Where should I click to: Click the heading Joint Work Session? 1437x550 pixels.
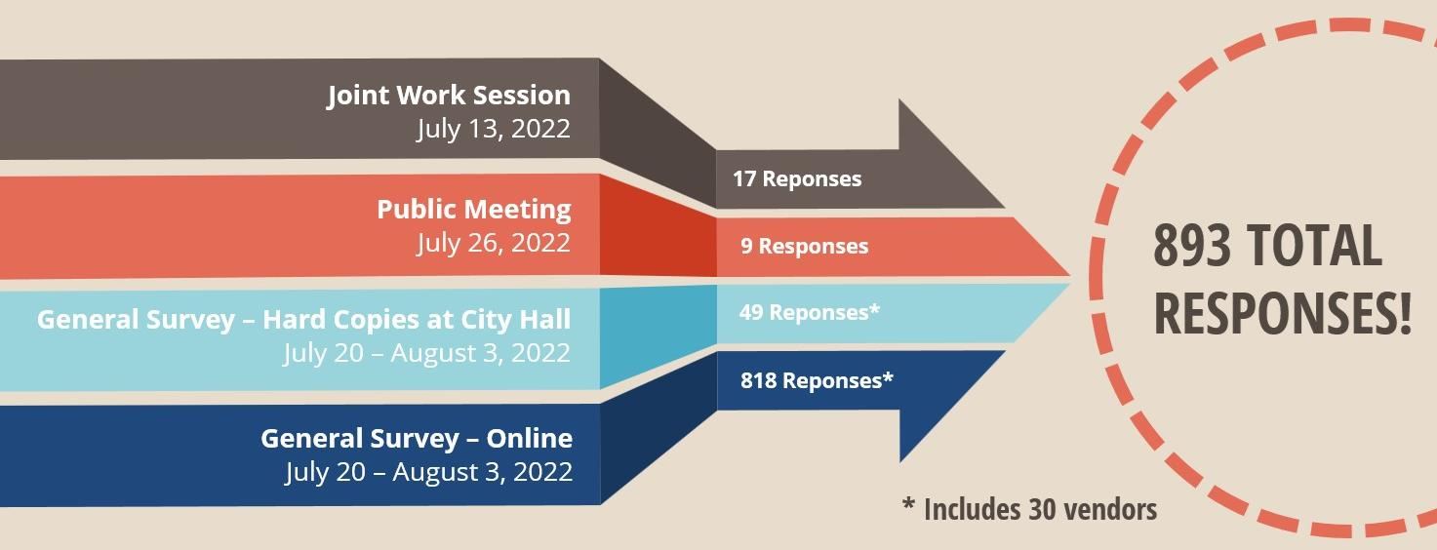tap(449, 96)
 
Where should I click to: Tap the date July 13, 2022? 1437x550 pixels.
tap(494, 129)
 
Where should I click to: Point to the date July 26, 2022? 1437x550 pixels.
tap(494, 243)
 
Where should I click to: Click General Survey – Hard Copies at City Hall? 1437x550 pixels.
tap(303, 320)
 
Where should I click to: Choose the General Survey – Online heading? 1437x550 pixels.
tap(417, 439)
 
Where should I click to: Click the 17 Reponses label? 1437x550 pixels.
tap(797, 178)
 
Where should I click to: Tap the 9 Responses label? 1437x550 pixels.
tap(805, 246)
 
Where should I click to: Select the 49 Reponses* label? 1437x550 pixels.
tap(810, 312)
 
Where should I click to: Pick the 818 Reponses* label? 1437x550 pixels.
tap(817, 380)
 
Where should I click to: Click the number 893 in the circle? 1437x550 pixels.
tap(1192, 245)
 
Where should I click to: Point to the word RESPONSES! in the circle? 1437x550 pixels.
tap(1283, 313)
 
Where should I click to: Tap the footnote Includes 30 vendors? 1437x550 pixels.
tap(1040, 510)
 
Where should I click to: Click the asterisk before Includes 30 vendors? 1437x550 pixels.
tap(908, 504)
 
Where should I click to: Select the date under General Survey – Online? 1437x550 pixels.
tap(429, 472)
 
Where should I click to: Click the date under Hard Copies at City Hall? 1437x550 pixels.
tap(426, 353)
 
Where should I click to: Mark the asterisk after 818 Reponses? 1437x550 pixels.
tap(888, 376)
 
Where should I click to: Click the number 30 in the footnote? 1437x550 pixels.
tap(1042, 510)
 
